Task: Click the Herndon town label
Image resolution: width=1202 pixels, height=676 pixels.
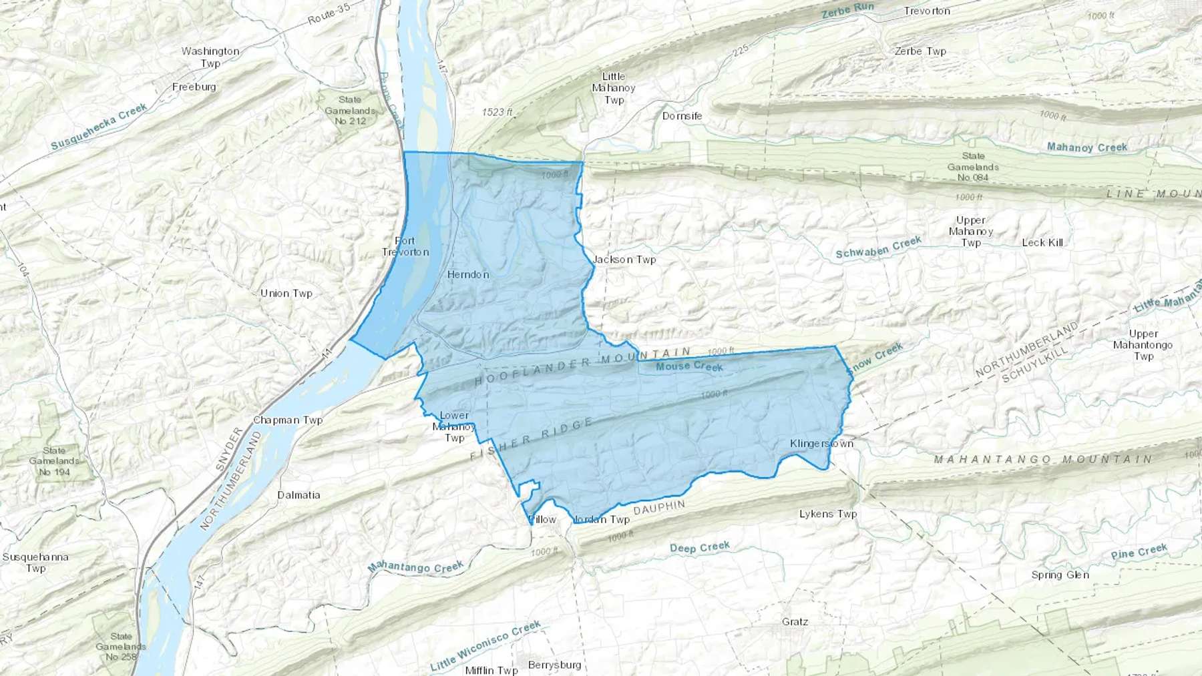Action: click(468, 274)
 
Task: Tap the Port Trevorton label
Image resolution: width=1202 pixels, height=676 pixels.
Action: click(405, 246)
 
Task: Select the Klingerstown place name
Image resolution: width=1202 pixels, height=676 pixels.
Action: click(821, 444)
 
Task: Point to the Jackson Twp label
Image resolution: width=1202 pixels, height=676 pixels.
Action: click(625, 260)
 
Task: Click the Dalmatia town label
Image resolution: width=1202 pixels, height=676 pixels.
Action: click(298, 495)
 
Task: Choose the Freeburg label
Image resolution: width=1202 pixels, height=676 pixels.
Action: click(194, 87)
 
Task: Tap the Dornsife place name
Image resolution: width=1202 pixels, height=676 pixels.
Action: click(682, 116)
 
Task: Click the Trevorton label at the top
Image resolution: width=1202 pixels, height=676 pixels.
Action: click(927, 11)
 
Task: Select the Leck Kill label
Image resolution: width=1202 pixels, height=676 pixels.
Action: click(1042, 242)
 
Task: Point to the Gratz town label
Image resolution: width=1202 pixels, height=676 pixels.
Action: click(795, 622)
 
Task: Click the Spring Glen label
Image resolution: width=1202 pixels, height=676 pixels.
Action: click(1060, 575)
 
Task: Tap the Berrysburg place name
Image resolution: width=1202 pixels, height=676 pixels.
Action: click(554, 665)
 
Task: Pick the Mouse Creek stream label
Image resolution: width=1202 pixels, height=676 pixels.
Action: click(689, 366)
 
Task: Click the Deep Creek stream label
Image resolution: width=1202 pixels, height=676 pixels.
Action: click(700, 547)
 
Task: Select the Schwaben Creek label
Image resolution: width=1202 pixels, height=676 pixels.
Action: click(878, 248)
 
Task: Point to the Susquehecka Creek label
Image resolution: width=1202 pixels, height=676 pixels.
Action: click(99, 127)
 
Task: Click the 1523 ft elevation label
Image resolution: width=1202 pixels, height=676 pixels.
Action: click(497, 112)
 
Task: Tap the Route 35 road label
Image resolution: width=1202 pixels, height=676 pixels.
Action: click(329, 14)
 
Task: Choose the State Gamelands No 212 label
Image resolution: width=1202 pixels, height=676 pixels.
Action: click(350, 110)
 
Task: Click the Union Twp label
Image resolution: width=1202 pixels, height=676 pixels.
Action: click(286, 294)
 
